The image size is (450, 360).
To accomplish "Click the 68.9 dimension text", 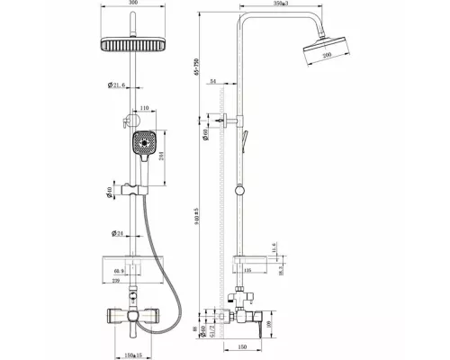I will click(117, 270).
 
